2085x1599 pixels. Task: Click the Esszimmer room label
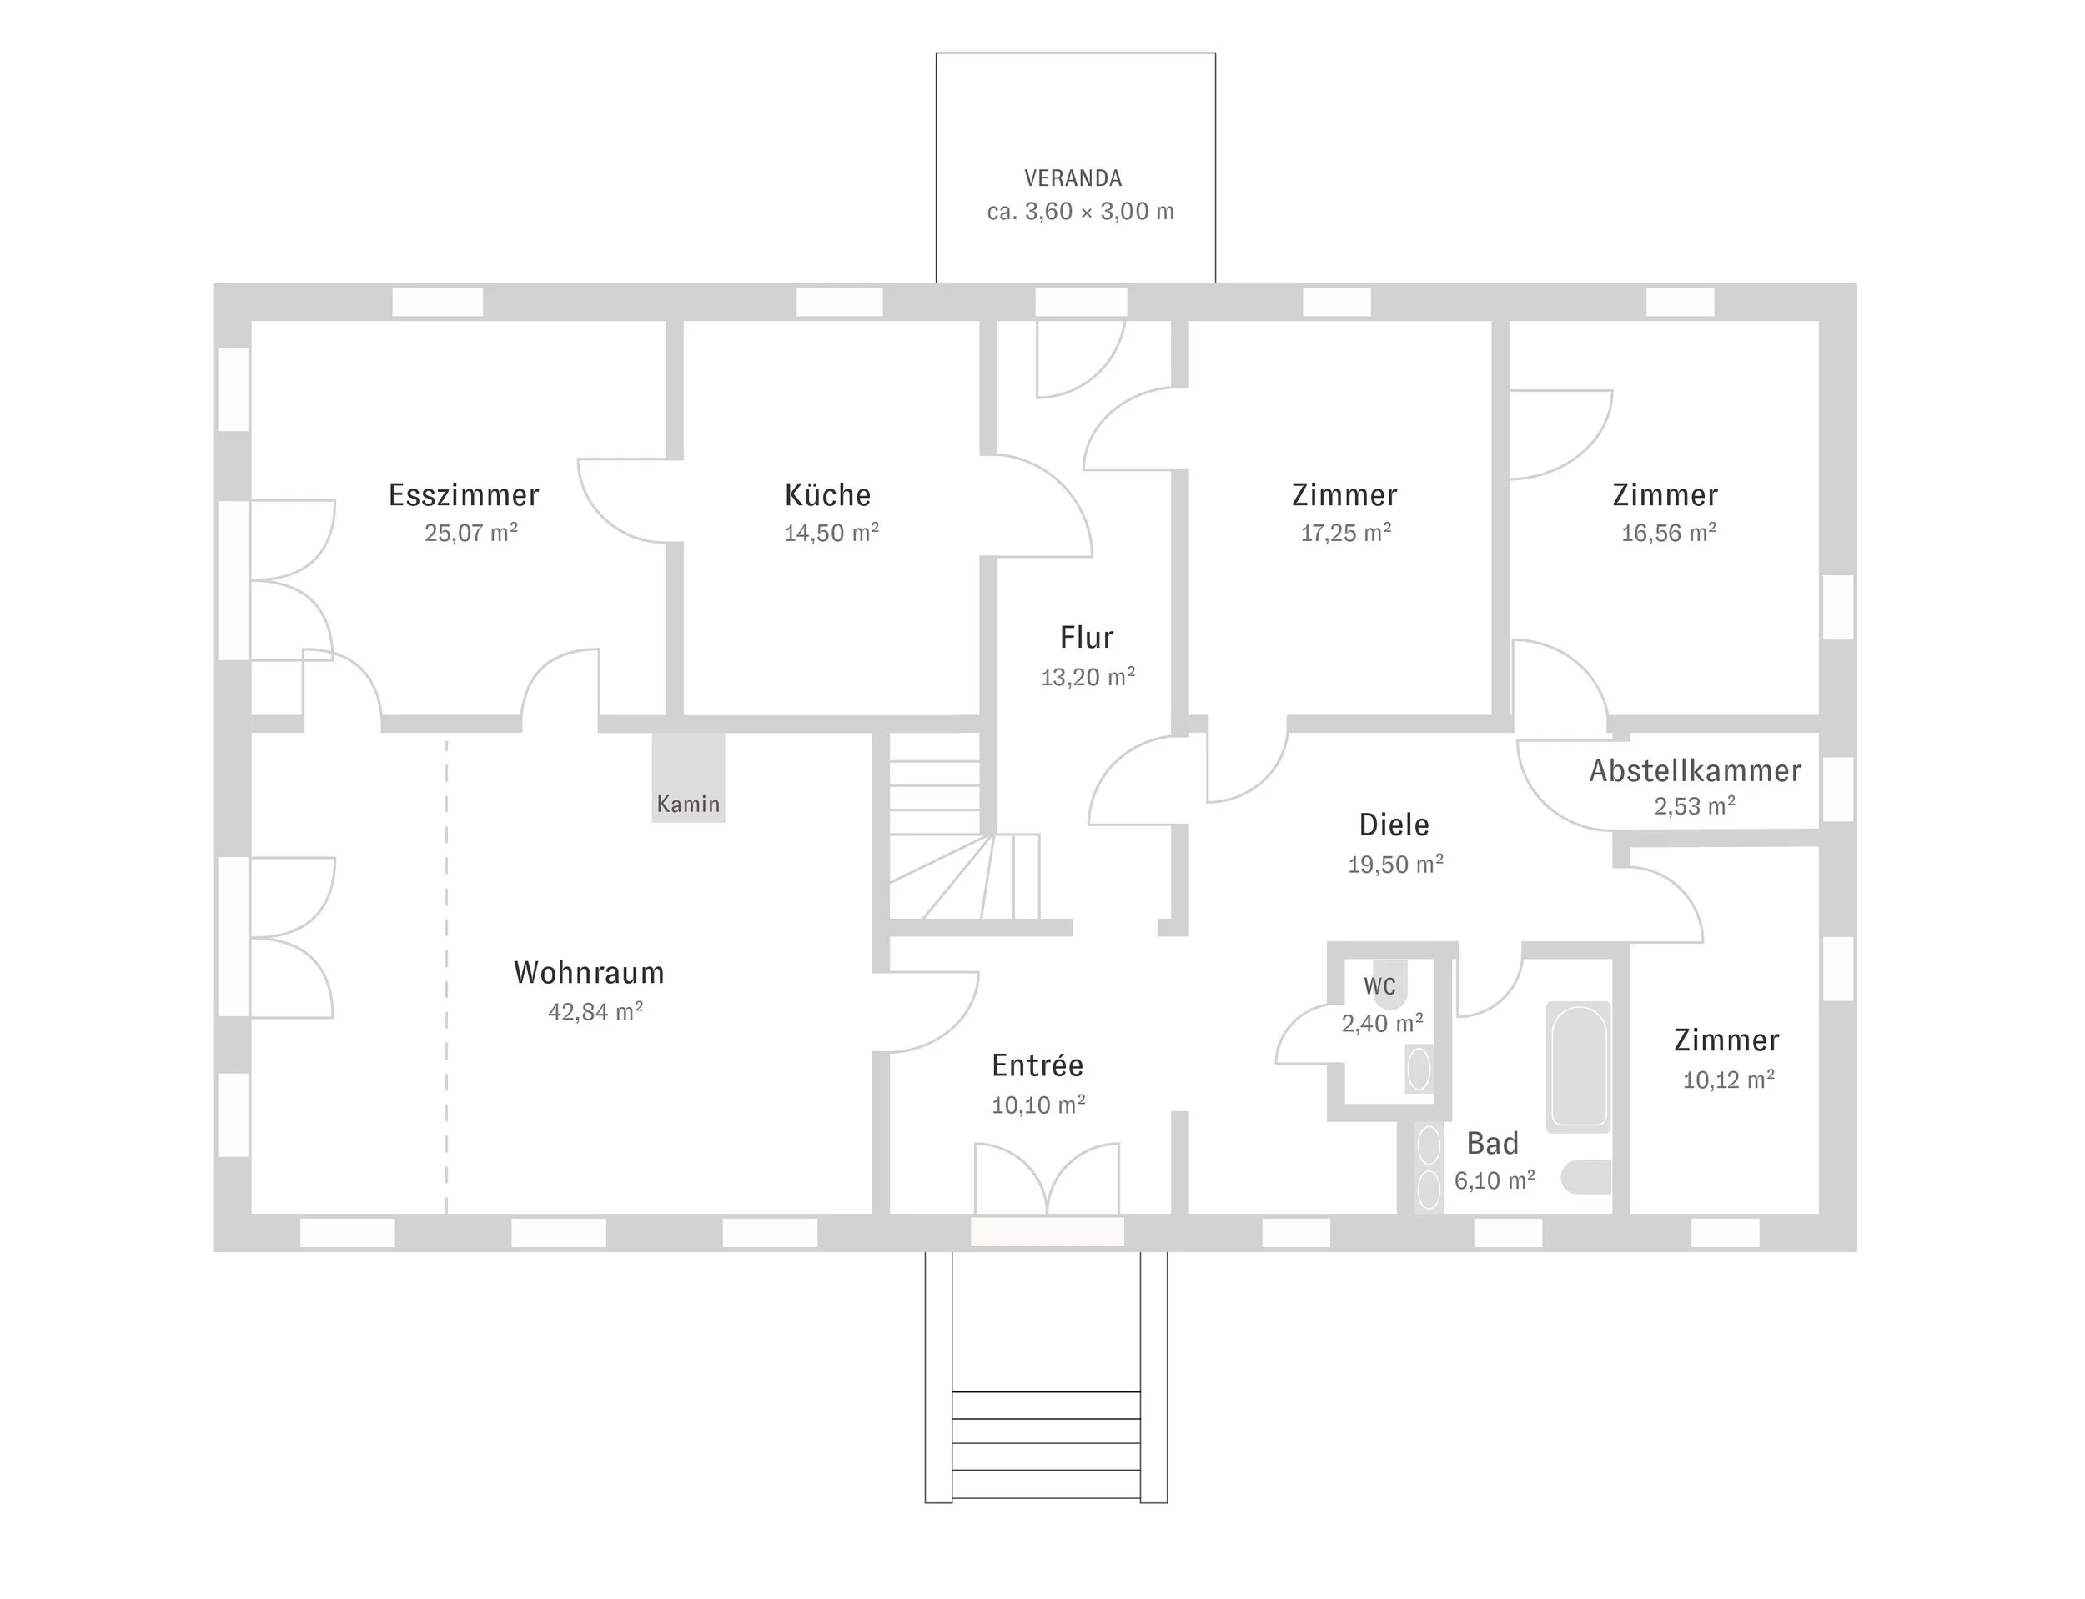click(464, 495)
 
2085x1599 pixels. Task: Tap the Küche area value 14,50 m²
click(831, 533)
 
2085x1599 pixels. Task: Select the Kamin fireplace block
click(688, 777)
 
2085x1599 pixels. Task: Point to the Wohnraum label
click(590, 973)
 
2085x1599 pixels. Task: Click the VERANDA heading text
click(1073, 178)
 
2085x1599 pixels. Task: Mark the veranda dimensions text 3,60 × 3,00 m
click(1099, 211)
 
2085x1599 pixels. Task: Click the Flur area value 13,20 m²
click(1088, 677)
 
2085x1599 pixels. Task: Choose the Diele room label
click(1394, 825)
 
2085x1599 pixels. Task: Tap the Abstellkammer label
click(1695, 771)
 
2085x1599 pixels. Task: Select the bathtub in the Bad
click(1579, 1067)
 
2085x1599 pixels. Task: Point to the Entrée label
click(1037, 1065)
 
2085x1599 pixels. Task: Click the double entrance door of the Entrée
click(1048, 1180)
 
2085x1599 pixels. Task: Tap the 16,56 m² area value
click(1669, 533)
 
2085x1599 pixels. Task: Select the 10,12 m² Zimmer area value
click(1729, 1080)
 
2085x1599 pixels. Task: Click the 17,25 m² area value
click(1346, 533)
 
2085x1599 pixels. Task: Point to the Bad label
click(1492, 1143)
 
